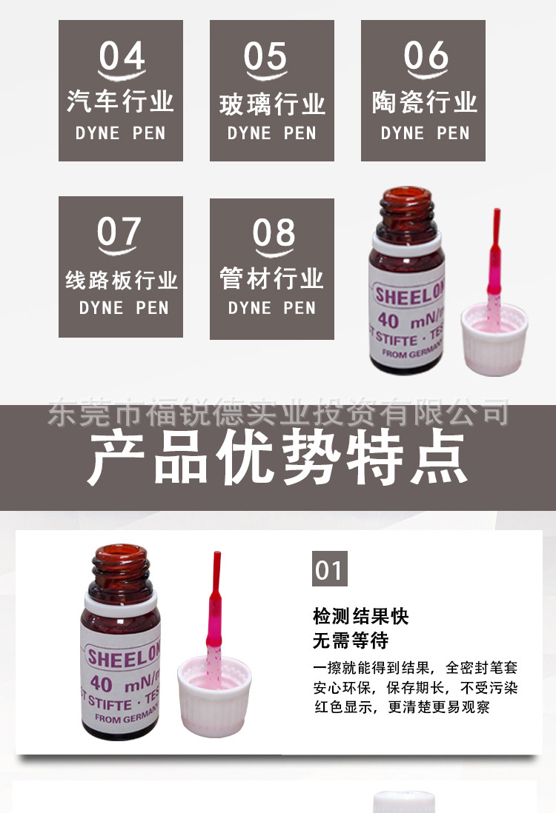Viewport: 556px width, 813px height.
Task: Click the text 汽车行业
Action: pos(120,101)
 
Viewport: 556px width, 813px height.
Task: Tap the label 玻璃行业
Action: pos(272,104)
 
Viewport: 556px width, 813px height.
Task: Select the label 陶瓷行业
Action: pos(425,103)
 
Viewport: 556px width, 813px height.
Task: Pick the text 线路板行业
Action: pos(122,281)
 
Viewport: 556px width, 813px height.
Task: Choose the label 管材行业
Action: pos(272,279)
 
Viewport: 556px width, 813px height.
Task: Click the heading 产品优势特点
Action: pos(278,457)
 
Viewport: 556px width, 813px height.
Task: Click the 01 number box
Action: pos(329,569)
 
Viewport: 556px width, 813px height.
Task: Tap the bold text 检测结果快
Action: pos(361,616)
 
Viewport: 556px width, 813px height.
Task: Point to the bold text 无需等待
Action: pos(351,639)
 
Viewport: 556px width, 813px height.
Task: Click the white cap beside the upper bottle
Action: pos(494,340)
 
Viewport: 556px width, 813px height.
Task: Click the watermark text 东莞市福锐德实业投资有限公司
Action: pos(278,412)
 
